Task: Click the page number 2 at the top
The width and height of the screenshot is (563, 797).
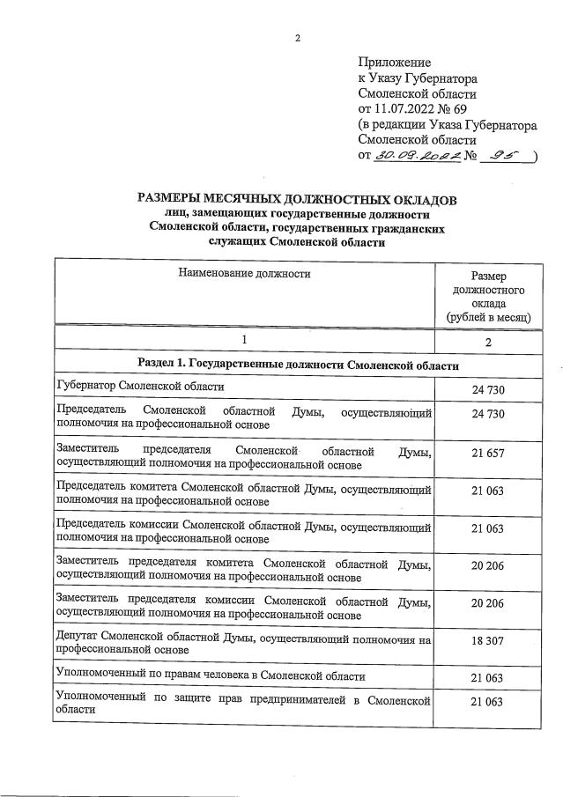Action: coord(298,37)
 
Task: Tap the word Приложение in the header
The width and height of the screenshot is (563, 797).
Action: coord(395,63)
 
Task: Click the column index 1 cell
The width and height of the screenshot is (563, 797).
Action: coord(245,339)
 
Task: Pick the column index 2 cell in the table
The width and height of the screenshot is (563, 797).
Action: coord(488,341)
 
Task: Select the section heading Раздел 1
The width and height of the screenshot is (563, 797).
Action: coord(298,364)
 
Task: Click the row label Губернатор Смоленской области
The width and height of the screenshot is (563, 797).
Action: coord(140,386)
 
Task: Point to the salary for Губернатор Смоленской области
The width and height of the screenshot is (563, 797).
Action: coord(487,388)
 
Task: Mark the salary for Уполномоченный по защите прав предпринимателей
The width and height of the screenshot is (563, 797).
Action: coord(487,702)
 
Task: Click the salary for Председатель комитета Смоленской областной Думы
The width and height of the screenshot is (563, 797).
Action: coord(487,490)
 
